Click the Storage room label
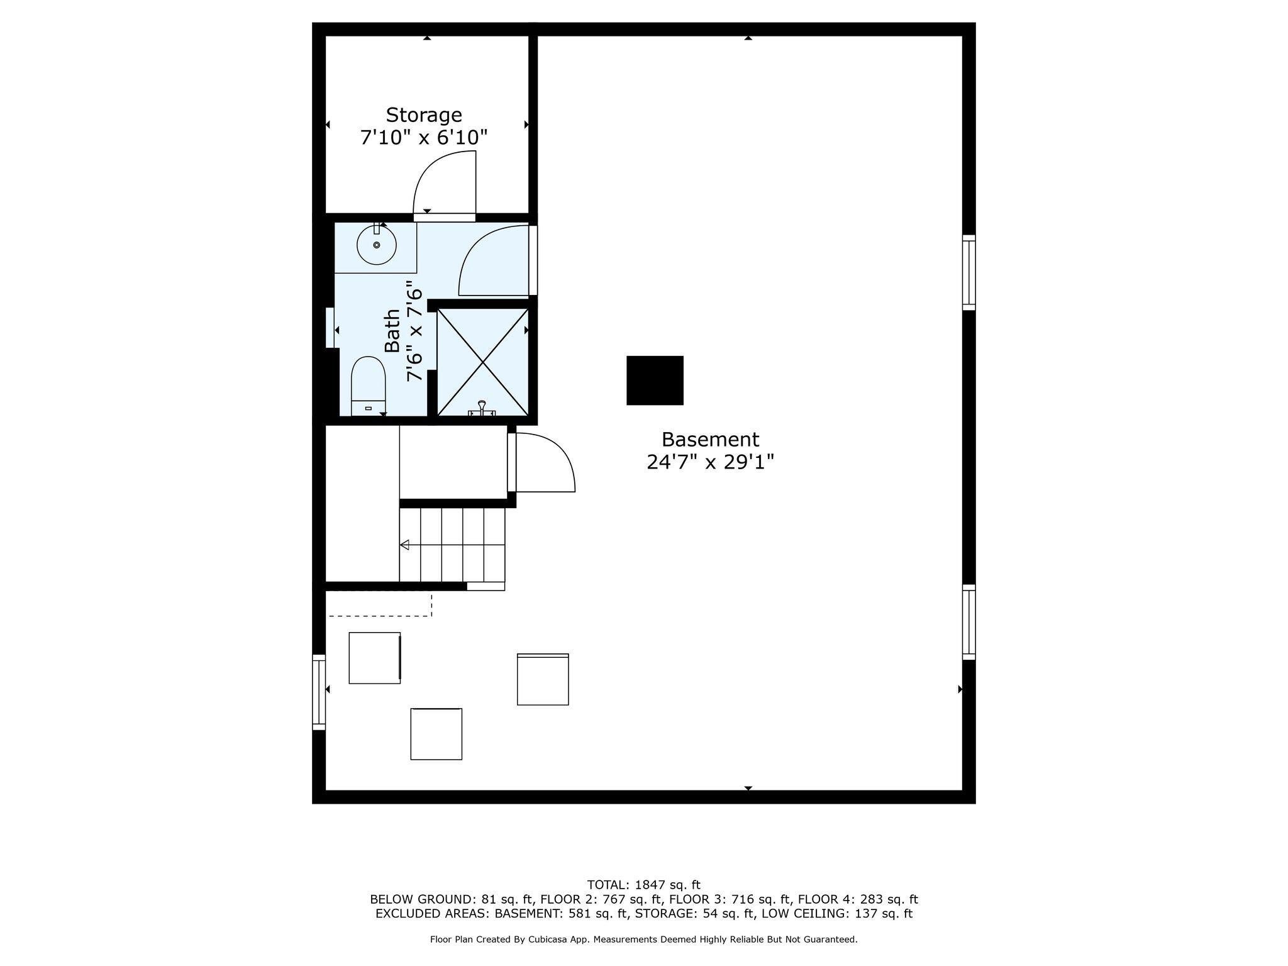[424, 115]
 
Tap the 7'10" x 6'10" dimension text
[424, 138]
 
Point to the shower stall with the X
[482, 362]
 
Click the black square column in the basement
[655, 380]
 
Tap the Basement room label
[710, 439]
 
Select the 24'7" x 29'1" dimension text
[710, 463]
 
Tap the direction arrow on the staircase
[405, 545]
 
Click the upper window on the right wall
[969, 272]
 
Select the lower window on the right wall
[969, 622]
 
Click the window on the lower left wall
[319, 692]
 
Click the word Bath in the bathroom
[392, 331]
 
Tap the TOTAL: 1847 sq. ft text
[643, 885]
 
